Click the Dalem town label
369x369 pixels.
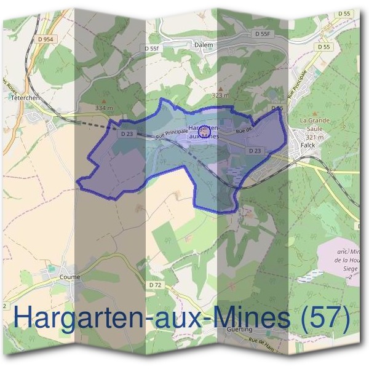pyautogui.click(x=204, y=45)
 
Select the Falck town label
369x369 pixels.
pyautogui.click(x=308, y=146)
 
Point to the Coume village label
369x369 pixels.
pyautogui.click(x=71, y=277)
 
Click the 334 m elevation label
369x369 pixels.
pyautogui.click(x=105, y=108)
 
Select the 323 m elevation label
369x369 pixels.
pyautogui.click(x=220, y=96)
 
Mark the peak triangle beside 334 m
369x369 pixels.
pyautogui.click(x=104, y=101)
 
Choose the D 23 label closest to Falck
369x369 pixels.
pyautogui.click(x=255, y=151)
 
